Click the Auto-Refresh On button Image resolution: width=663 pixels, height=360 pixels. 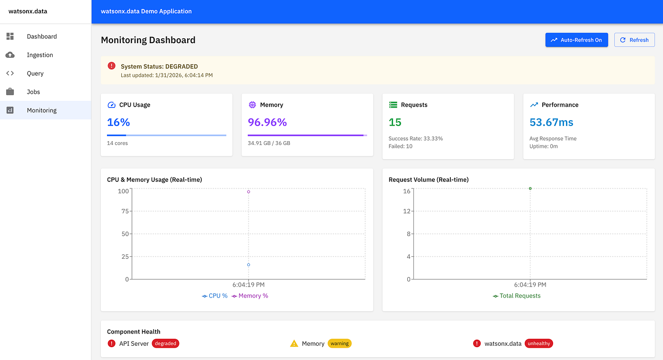pos(577,40)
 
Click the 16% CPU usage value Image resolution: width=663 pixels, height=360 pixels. pos(118,122)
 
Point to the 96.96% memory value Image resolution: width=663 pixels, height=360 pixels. pos(267,122)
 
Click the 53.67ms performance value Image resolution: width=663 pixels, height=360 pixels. pos(551,122)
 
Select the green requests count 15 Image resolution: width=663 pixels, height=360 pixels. pos(395,122)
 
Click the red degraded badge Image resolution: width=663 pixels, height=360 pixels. pos(165,343)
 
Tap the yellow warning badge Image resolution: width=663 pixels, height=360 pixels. pos(340,343)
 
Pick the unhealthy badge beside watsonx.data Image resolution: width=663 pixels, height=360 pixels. pos(539,343)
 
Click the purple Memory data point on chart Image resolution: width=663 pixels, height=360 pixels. pos(249,192)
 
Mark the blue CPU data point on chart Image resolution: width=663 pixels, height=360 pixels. pos(249,265)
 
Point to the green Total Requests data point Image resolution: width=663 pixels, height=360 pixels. pos(530,189)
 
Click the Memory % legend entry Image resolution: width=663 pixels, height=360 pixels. pos(250,296)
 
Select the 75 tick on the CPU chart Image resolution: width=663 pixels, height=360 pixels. pos(125,211)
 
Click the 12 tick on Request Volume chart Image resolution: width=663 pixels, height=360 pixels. pos(407,211)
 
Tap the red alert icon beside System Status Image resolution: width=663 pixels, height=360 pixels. pos(112,66)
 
